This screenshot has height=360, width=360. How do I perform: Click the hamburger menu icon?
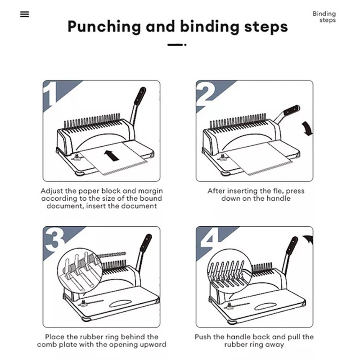pos(25,14)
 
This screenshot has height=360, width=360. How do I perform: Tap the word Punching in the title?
pos(104,27)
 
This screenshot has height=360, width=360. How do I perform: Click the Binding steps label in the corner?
pos(324,17)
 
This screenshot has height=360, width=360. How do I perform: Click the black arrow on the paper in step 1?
pos(112,155)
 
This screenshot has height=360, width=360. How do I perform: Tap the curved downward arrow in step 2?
pos(307,129)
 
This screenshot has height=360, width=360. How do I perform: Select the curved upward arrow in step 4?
pos(308,240)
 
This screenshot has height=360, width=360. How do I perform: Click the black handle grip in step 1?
pos(139,96)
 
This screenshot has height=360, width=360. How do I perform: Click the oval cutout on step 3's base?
pos(120,303)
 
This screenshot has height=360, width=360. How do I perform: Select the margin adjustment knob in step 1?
pos(76,157)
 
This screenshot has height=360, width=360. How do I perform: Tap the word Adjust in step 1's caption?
pos(51,191)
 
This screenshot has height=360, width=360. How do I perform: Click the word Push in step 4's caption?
pos(203,337)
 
